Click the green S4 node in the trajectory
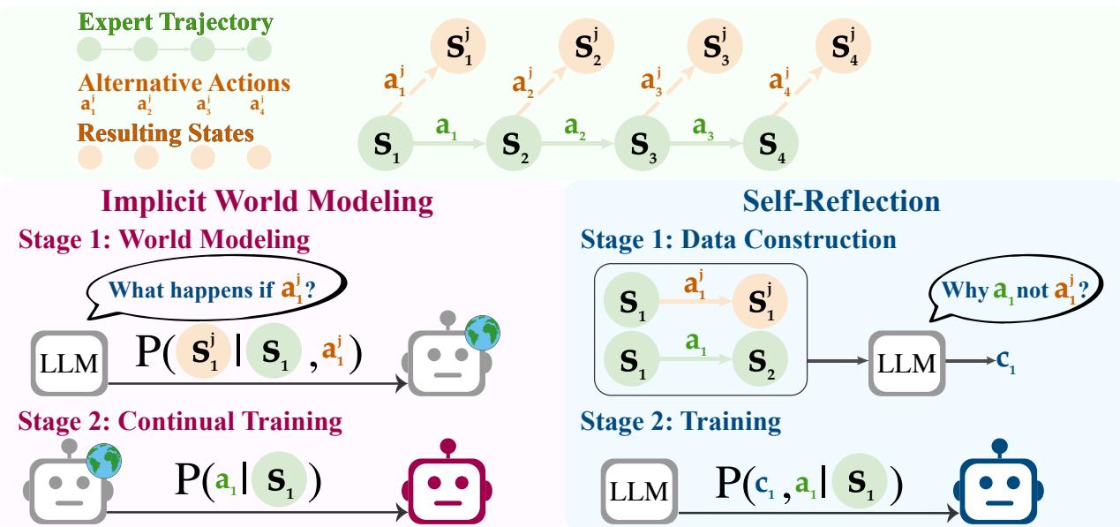pos(771,142)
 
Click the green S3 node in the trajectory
pos(641,142)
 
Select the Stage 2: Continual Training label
pos(179,421)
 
